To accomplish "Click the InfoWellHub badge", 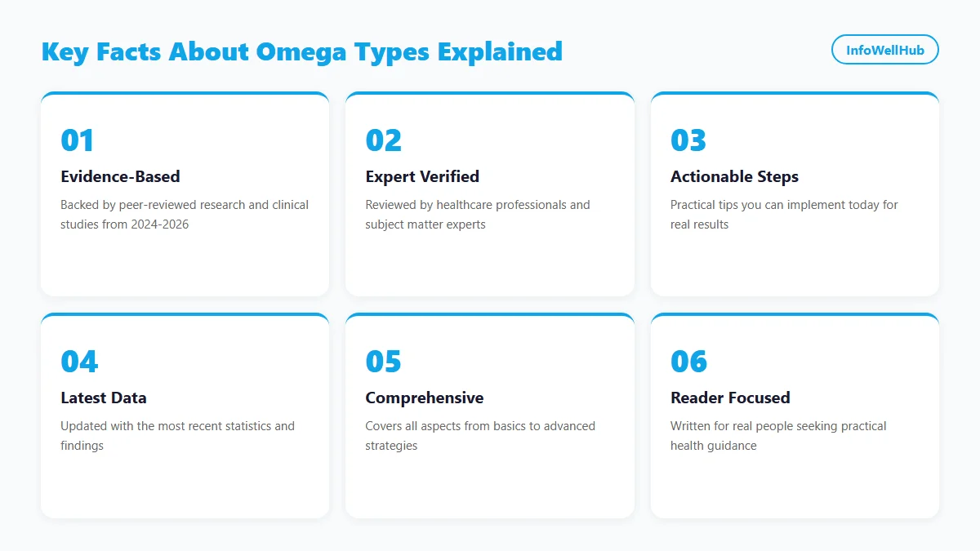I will click(x=884, y=50).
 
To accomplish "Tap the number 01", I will click(x=78, y=140).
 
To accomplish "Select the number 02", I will click(x=383, y=140).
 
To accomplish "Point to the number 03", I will click(x=688, y=140).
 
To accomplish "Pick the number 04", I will click(x=79, y=362).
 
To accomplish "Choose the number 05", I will click(x=383, y=362).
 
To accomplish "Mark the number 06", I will click(x=689, y=362).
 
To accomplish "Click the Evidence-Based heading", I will click(x=120, y=176).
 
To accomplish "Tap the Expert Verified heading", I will click(x=422, y=176).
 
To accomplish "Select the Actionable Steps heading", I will click(x=734, y=176).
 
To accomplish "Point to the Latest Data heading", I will click(x=104, y=398).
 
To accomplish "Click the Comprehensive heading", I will click(x=424, y=398).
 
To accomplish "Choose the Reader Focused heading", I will click(x=730, y=398).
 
